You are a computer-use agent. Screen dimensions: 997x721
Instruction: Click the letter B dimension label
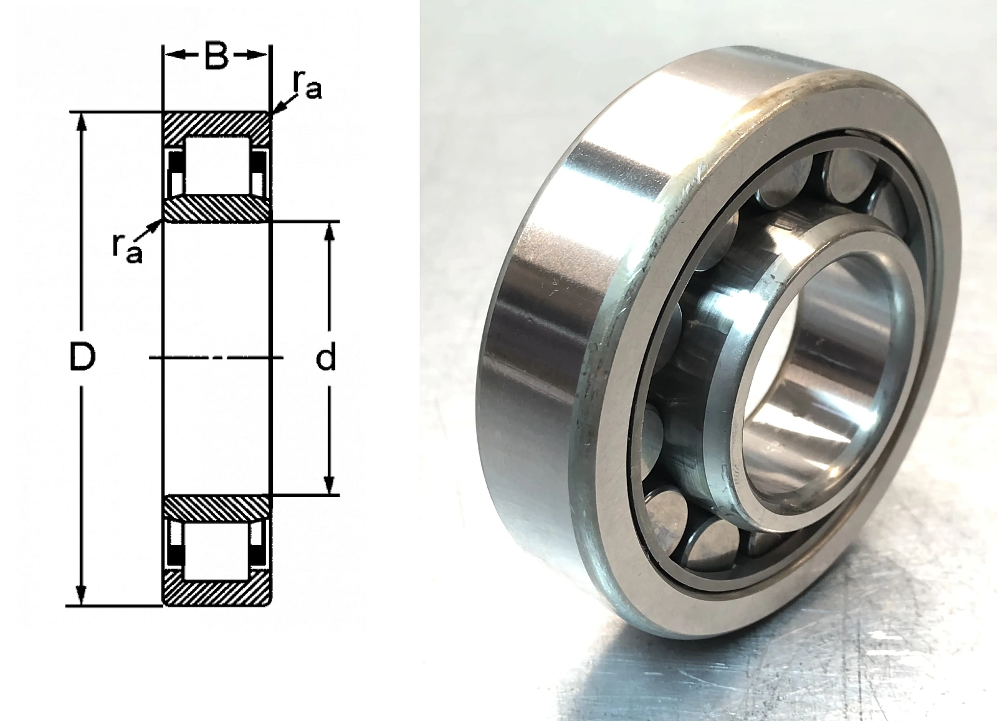tap(217, 55)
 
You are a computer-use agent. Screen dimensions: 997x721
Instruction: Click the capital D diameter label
tap(82, 357)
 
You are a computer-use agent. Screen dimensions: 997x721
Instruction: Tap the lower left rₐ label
tap(127, 248)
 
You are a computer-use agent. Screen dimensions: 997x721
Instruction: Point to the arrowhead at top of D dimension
tap(81, 122)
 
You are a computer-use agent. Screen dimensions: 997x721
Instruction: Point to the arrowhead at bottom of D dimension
tap(81, 596)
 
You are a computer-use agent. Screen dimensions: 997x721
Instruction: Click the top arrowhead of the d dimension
tap(330, 231)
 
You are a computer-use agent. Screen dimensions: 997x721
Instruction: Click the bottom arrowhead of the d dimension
tap(330, 485)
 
